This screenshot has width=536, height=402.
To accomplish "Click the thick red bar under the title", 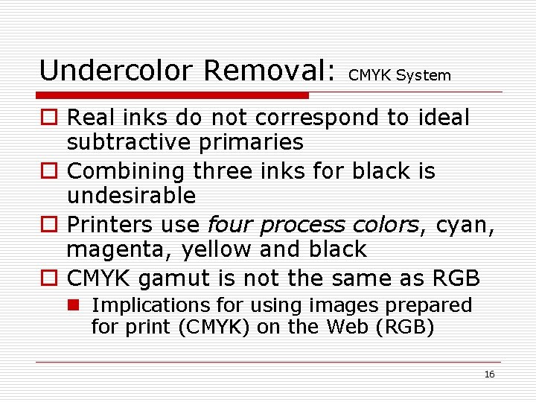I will point(173,95).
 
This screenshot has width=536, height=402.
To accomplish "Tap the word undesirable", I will point(131,196).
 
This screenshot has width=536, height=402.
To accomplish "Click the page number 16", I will point(489,374).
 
